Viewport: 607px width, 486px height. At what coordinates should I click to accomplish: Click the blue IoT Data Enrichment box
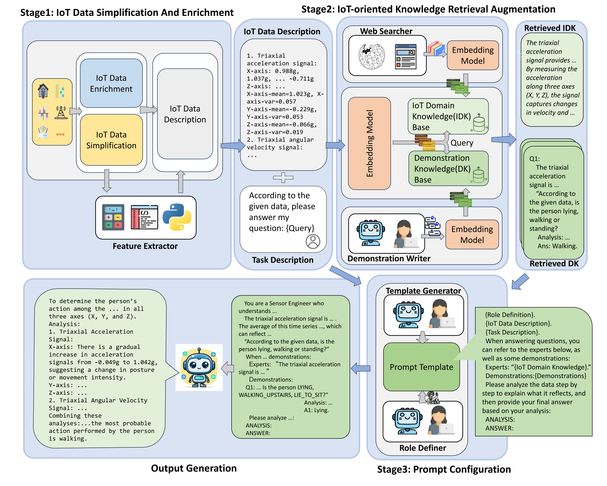pyautogui.click(x=111, y=83)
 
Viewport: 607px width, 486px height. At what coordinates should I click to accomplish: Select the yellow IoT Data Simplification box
pyautogui.click(x=111, y=140)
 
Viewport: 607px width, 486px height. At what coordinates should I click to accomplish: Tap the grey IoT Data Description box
pyautogui.click(x=185, y=114)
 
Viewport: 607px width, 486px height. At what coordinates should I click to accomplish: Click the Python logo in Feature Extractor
pyautogui.click(x=177, y=217)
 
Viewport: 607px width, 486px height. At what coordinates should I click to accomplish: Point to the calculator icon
pyautogui.click(x=113, y=217)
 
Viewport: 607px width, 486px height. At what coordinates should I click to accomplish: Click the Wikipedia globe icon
pyautogui.click(x=371, y=56)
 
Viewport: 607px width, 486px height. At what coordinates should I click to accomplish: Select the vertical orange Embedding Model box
pyautogui.click(x=369, y=143)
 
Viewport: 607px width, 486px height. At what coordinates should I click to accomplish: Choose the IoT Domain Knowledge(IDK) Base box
pyautogui.click(x=448, y=116)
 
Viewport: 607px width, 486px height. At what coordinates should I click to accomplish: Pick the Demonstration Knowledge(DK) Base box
pyautogui.click(x=448, y=168)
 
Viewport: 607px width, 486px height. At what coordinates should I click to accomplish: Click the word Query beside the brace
pyautogui.click(x=462, y=143)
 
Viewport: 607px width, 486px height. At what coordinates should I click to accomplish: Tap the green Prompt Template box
pyautogui.click(x=421, y=367)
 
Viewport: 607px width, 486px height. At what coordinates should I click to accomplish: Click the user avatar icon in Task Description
pyautogui.click(x=313, y=241)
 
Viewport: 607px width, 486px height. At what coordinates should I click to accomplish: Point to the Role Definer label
pyautogui.click(x=422, y=448)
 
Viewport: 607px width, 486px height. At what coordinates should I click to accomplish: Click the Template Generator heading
pyautogui.click(x=423, y=291)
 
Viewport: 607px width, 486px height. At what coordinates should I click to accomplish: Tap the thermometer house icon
pyautogui.click(x=43, y=91)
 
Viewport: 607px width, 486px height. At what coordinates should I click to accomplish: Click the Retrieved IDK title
pyautogui.click(x=550, y=28)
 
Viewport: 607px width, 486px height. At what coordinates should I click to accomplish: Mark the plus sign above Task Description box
pyautogui.click(x=283, y=177)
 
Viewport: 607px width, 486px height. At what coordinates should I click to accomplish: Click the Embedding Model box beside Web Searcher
pyautogui.click(x=473, y=55)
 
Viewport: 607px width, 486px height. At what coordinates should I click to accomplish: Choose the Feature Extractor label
pyautogui.click(x=145, y=246)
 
